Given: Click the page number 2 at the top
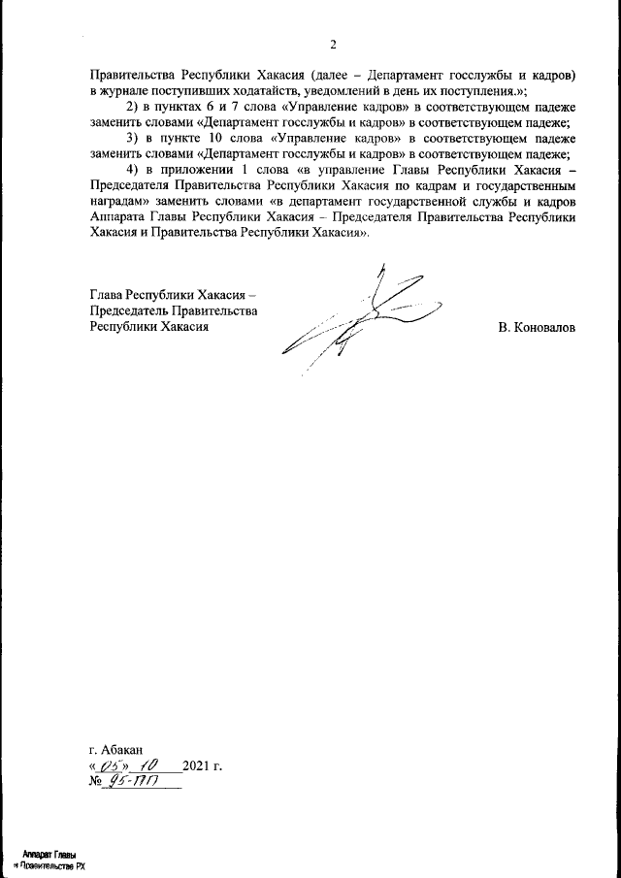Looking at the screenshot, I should point(333,45).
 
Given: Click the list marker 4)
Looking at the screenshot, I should point(135,170).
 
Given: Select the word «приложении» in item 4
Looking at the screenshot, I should point(209,170).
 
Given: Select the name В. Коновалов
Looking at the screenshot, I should point(536,328).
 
